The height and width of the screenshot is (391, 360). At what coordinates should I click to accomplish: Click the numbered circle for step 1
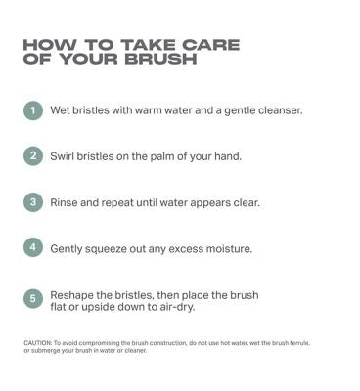tap(33, 110)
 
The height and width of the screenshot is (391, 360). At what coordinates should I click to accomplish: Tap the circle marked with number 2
tap(33, 155)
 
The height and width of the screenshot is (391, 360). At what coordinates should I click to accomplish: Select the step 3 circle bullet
tap(33, 202)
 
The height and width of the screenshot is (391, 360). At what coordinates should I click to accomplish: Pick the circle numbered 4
tap(33, 247)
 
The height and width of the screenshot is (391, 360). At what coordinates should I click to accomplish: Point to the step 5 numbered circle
tap(33, 299)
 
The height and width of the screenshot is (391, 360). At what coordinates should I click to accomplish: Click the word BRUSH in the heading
tap(160, 59)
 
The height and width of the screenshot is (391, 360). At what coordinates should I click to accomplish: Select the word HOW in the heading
tap(51, 45)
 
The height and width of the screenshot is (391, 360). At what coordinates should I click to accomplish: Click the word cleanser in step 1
tap(281, 110)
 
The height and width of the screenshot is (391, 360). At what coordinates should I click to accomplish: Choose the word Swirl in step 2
tap(62, 156)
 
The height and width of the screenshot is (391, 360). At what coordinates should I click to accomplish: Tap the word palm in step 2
tap(159, 156)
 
